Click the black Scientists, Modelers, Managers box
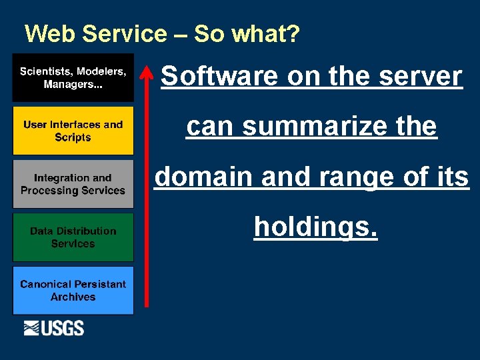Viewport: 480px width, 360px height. click(73, 77)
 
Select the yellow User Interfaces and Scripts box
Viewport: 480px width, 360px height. click(73, 131)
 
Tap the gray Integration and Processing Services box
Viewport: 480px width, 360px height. click(73, 184)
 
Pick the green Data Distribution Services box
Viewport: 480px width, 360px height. click(73, 237)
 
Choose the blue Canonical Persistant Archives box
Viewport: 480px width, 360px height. click(73, 291)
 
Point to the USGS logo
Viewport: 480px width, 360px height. click(54, 328)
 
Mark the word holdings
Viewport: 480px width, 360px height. click(316, 227)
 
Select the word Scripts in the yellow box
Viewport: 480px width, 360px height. click(73, 137)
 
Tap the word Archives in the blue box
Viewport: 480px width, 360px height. click(73, 297)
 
